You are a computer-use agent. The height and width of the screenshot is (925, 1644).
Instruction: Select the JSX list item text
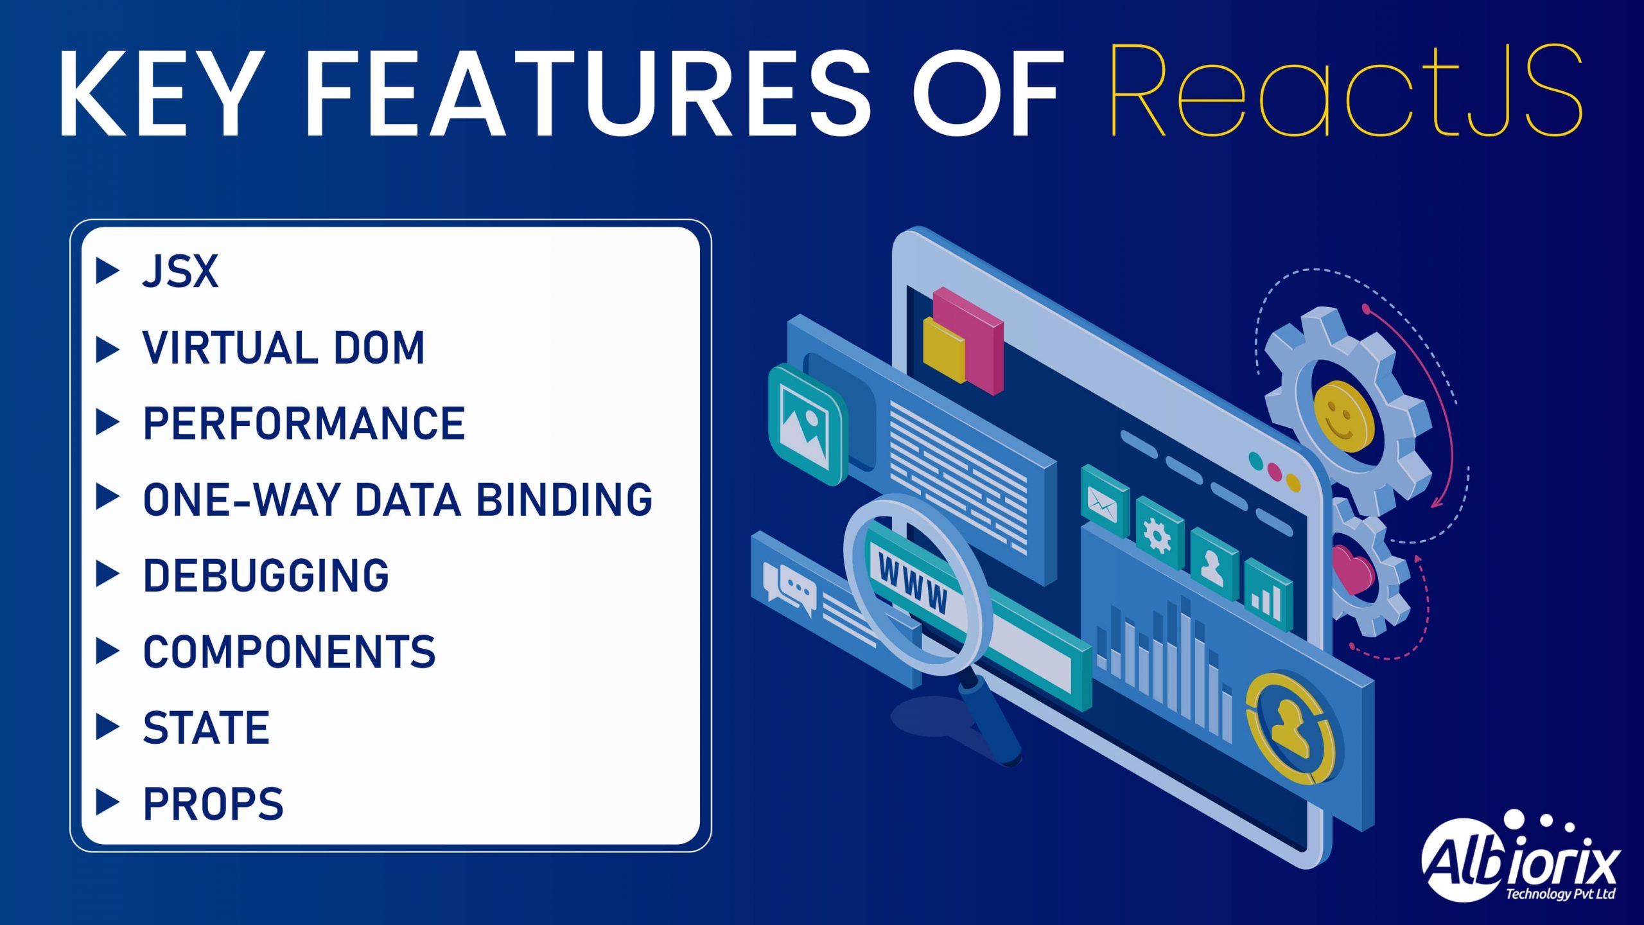180,272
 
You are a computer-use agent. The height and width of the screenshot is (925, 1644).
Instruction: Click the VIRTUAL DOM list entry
283,348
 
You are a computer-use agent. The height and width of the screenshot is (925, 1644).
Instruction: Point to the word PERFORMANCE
304,423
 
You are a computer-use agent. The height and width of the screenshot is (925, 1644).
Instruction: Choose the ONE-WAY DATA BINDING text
398,500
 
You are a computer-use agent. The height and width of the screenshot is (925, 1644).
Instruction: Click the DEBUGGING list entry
266,576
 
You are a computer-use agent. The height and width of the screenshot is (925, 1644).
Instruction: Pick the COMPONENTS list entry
289,651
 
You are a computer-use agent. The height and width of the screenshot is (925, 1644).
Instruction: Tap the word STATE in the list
205,728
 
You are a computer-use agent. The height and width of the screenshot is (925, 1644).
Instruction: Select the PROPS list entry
213,804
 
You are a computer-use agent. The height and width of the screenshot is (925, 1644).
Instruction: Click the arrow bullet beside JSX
107,271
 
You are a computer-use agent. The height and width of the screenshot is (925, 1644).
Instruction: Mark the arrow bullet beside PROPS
107,803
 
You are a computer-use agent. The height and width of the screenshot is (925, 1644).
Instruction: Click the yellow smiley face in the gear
1343,416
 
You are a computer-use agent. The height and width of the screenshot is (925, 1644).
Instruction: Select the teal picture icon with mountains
808,425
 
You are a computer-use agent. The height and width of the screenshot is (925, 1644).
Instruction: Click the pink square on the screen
968,340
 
